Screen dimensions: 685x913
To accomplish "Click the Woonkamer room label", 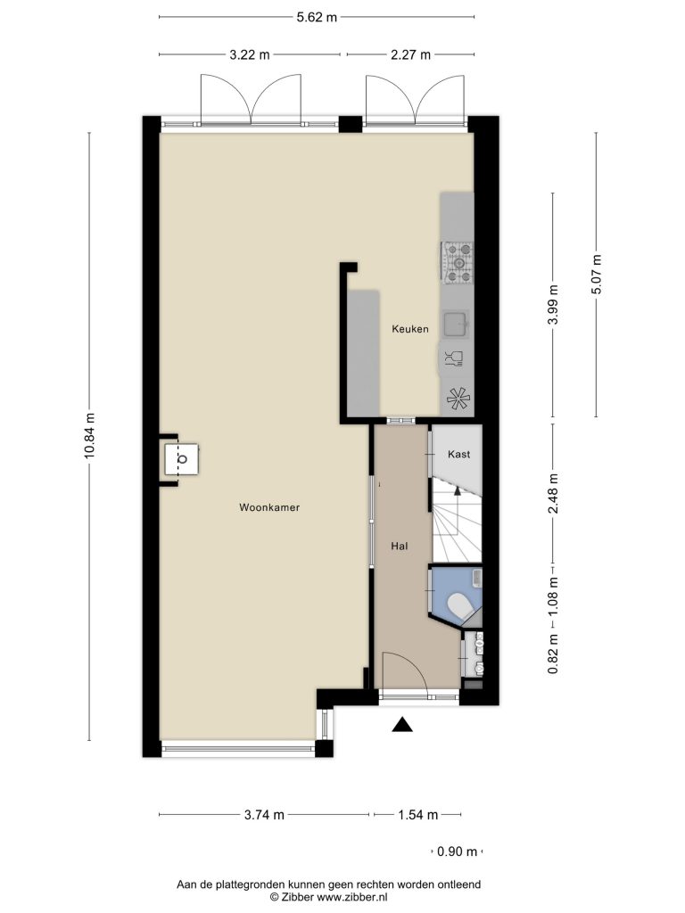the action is click(x=269, y=507).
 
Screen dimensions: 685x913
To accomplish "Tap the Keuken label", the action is click(x=410, y=329).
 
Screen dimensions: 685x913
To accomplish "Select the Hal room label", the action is click(x=399, y=547).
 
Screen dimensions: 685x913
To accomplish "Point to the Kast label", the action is click(x=458, y=454).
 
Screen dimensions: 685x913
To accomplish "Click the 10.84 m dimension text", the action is click(x=89, y=435).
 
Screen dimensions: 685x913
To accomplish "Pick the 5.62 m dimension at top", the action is click(x=317, y=17).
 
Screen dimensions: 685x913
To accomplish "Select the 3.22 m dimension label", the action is click(x=250, y=54).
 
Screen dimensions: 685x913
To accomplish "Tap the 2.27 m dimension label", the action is click(x=410, y=54).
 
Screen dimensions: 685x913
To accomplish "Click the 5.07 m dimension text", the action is click(x=596, y=275).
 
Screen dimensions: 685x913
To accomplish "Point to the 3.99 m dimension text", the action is click(x=553, y=305).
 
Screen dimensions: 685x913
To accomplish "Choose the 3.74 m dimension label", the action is click(x=264, y=815).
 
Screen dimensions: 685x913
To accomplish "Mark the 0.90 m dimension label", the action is click(x=457, y=851).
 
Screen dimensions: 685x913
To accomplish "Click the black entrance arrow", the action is click(x=402, y=724).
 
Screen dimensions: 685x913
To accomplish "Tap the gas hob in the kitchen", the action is click(x=458, y=264).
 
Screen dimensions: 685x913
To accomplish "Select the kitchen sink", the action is click(x=456, y=324).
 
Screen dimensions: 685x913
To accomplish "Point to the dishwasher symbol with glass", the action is click(x=454, y=358).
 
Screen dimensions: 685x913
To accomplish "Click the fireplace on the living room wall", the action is click(x=180, y=459).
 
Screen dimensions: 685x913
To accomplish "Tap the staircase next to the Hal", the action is click(x=457, y=521).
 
